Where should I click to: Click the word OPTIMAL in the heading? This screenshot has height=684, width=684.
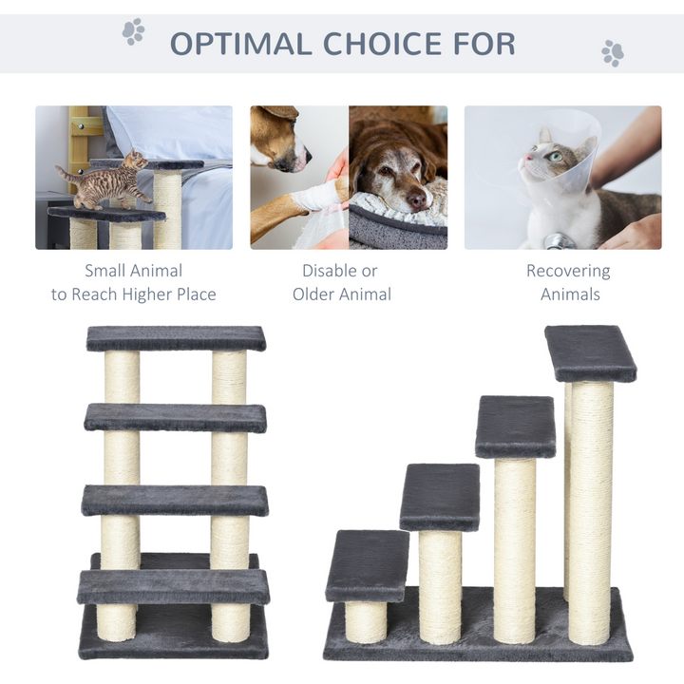point(240,44)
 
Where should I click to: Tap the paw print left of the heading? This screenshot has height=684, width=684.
point(133,31)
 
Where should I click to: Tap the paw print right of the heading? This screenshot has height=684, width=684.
point(613,52)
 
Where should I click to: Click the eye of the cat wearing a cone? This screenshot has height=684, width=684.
point(553,157)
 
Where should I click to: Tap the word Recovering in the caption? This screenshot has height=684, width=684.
point(568,271)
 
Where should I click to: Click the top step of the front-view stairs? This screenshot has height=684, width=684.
point(176,338)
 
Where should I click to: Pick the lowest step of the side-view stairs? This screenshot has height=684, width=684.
point(367,565)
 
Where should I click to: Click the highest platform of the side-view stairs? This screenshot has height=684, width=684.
point(590,352)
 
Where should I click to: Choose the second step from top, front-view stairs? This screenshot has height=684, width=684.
point(175,417)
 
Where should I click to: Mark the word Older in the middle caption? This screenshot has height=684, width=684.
point(315,294)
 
